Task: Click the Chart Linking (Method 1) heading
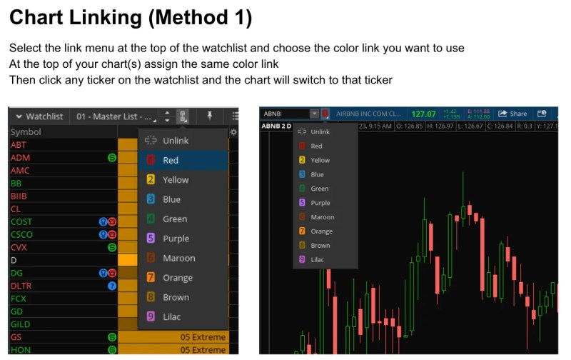pyautogui.click(x=131, y=18)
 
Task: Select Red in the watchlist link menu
pyautogui.click(x=171, y=160)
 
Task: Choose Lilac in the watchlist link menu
pyautogui.click(x=171, y=316)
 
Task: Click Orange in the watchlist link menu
pyautogui.click(x=177, y=277)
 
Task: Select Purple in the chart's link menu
pyautogui.click(x=320, y=203)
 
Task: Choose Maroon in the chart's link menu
pyautogui.click(x=322, y=217)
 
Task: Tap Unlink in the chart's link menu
pyautogui.click(x=320, y=132)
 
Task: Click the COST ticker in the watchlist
pyautogui.click(x=21, y=222)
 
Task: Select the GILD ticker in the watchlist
pyautogui.click(x=21, y=324)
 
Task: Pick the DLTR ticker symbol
pyautogui.click(x=21, y=286)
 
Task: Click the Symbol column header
pyautogui.click(x=26, y=132)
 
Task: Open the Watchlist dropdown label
pyautogui.click(x=39, y=116)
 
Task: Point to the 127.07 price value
pyautogui.click(x=423, y=114)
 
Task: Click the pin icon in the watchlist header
pyautogui.click(x=210, y=116)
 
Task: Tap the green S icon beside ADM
pyautogui.click(x=112, y=158)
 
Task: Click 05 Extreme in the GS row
pyautogui.click(x=203, y=337)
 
